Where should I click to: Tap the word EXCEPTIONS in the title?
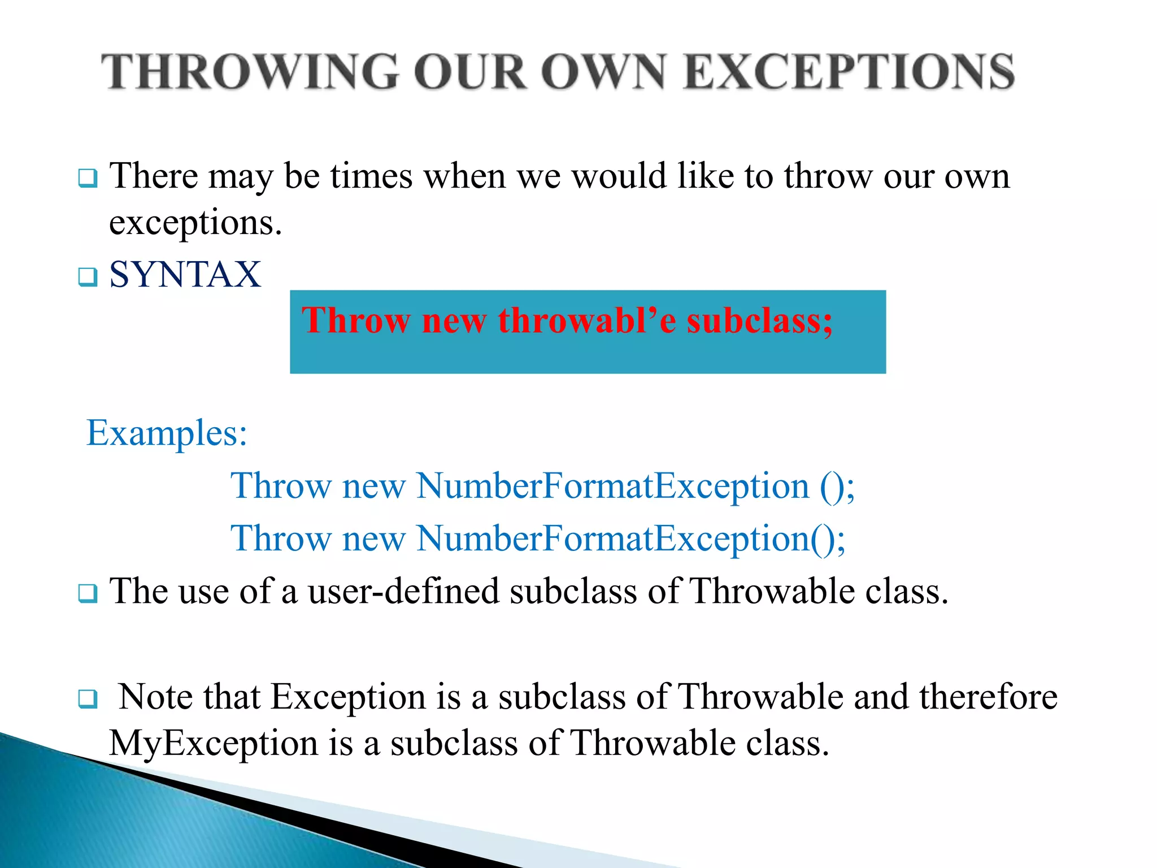pos(849,72)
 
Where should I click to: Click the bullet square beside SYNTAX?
pos(88,277)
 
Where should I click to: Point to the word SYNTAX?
pos(185,275)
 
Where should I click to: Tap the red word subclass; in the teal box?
pos(759,320)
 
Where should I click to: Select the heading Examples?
pos(167,433)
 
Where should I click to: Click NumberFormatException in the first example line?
pos(613,485)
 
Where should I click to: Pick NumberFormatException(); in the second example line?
pos(630,538)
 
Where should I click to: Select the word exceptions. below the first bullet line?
pos(195,223)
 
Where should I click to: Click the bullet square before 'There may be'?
pos(88,179)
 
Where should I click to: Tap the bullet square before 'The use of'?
pos(88,593)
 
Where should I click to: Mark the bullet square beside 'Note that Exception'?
pos(88,699)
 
